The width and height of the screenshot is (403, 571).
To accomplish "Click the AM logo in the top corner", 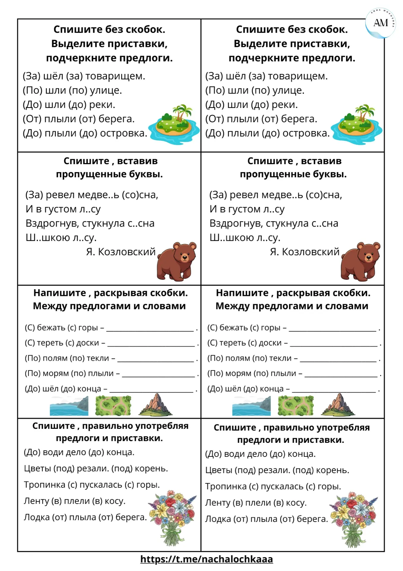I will (380, 23).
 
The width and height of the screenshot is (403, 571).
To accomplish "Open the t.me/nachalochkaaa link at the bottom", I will (206, 559).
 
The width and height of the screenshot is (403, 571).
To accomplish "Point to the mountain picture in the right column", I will (338, 405).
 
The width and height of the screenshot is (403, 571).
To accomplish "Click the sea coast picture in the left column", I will (69, 406).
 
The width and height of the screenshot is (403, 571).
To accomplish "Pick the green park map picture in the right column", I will (295, 405).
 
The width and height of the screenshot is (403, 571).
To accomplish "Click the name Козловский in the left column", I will (127, 252).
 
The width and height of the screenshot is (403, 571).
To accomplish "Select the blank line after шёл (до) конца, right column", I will (334, 391).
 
